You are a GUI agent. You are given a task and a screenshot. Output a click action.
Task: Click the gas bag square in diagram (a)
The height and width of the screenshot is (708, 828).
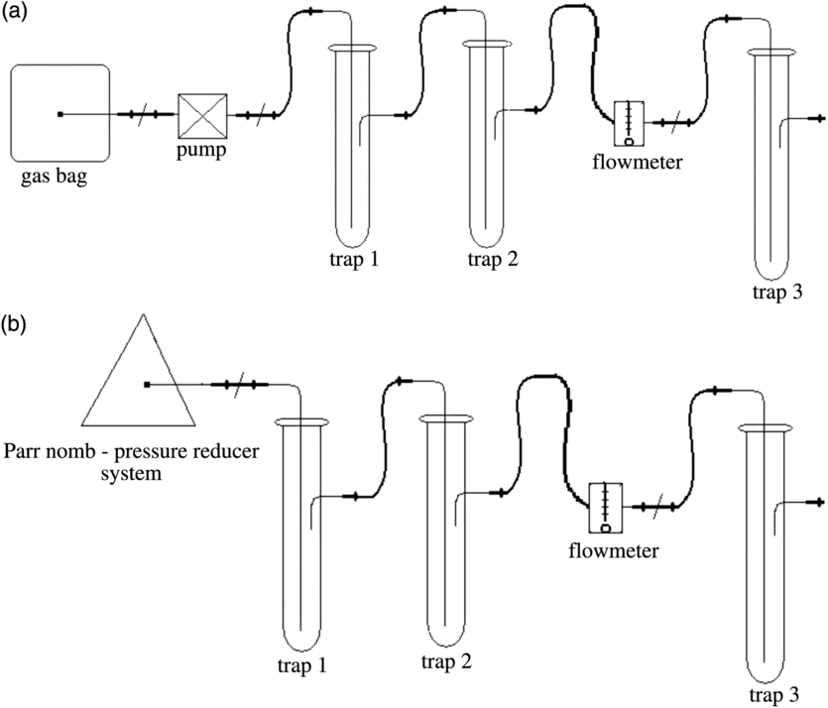[60, 113]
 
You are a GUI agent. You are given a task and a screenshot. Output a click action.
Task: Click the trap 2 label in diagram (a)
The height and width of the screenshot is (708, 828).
[493, 261]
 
